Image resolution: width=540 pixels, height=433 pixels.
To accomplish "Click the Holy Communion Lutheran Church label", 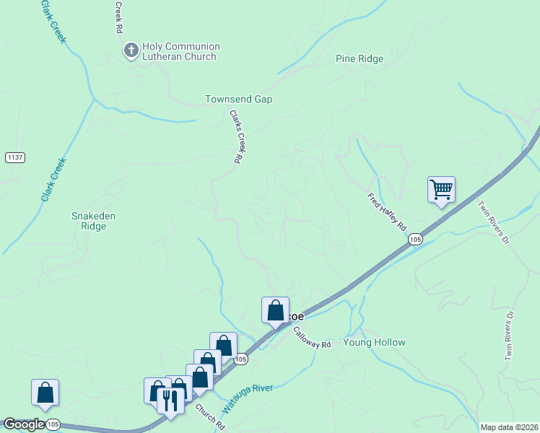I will pos(180,51).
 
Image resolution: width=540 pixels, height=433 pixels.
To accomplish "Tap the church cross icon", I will pos(131,51).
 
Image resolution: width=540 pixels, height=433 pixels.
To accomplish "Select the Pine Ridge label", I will pos(360,59).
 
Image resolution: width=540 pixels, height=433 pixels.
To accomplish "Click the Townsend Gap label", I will pos(238,99).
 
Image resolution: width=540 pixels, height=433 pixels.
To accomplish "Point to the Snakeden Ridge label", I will pos(93,221).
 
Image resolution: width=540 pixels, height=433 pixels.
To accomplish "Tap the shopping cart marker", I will pos(441,191).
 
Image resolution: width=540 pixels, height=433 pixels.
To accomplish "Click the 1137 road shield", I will pos(14,157).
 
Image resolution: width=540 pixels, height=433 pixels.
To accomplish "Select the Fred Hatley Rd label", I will pos(387,211).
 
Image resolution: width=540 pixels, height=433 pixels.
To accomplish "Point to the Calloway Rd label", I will pos(312,338).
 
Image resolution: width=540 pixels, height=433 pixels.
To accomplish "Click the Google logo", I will pos(23,424).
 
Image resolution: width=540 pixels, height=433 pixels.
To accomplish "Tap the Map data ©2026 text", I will pos(508,427).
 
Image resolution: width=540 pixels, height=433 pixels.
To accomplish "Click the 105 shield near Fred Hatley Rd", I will pos(414,239).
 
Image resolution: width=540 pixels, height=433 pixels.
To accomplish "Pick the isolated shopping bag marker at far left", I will pos(45,393).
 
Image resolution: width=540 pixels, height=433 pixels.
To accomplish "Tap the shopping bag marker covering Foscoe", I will pos(275,311).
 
